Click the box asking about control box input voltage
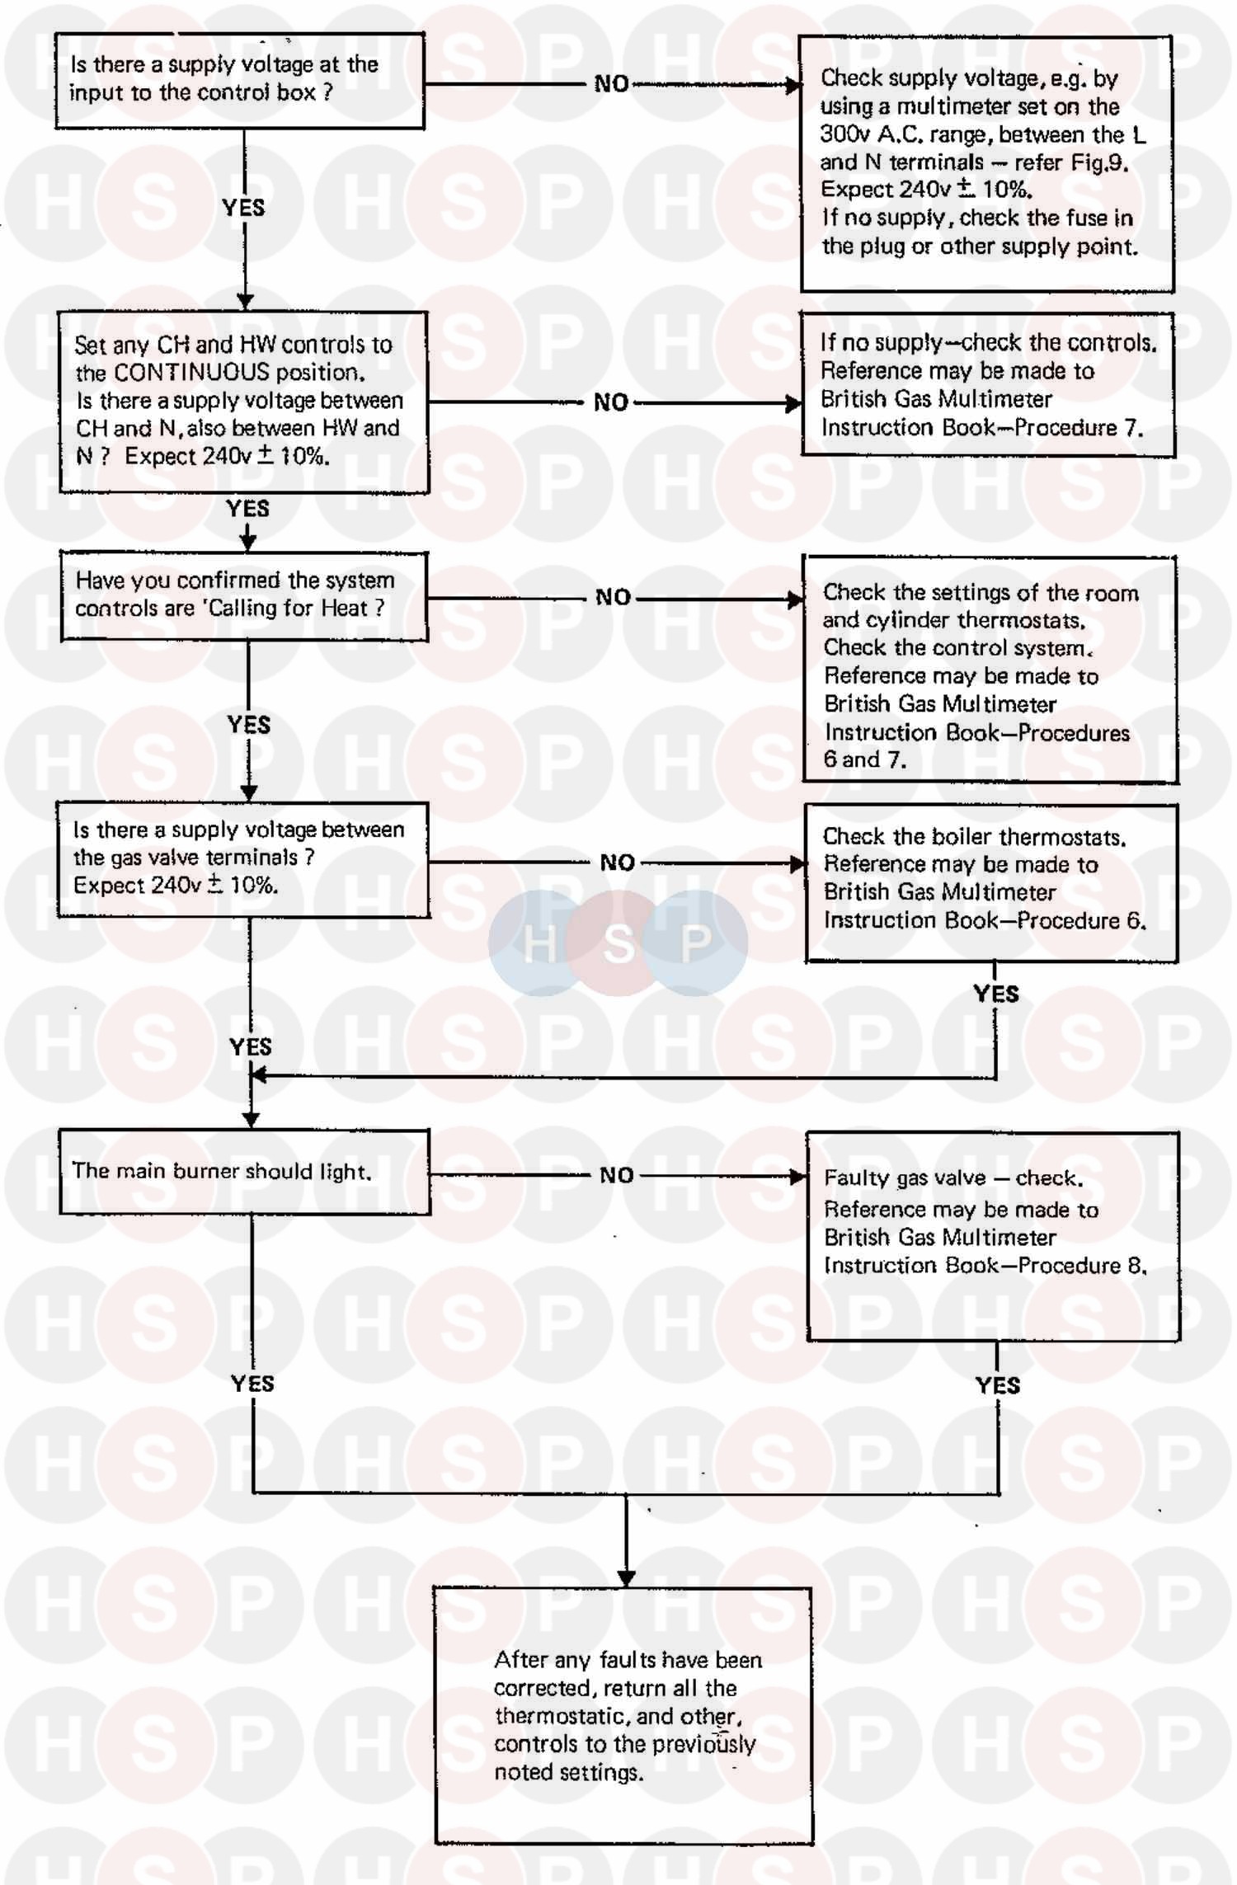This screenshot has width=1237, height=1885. tap(239, 81)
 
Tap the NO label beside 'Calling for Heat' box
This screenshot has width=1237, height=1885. tap(613, 597)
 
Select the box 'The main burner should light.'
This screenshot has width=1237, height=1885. tap(244, 1172)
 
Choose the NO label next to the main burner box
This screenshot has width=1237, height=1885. tap(616, 1175)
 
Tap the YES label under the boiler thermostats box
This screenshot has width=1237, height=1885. tap(995, 994)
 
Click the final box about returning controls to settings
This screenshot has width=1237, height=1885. tap(623, 1715)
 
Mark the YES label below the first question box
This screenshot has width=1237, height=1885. tap(243, 208)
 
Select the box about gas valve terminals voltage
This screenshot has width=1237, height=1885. tap(242, 859)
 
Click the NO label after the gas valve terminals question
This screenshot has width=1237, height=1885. tap(617, 863)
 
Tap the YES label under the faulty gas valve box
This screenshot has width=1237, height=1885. tap(997, 1385)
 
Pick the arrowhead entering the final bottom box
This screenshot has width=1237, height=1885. tap(626, 1578)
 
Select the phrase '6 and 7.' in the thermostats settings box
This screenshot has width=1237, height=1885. tap(864, 759)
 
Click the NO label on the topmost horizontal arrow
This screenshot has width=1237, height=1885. tap(611, 83)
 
